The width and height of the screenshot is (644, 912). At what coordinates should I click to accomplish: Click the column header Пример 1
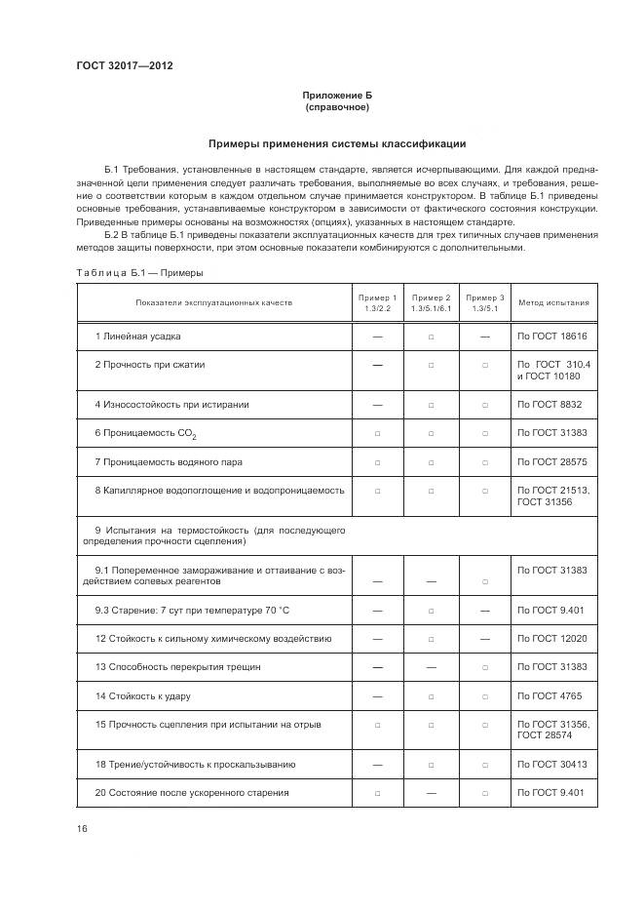point(378,302)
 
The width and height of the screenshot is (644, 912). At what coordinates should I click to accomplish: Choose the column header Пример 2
point(431,302)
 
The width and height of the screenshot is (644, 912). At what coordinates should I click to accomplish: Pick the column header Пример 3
point(484,302)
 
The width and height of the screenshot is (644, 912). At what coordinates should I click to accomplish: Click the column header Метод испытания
point(553,302)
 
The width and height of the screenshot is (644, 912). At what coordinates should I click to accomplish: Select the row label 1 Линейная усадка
point(137,337)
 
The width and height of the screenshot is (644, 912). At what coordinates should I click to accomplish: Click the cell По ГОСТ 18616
point(551,337)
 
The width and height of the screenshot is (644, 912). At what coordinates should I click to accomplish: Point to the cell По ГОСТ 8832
point(549,404)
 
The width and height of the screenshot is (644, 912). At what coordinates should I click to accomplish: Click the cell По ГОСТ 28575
point(551,461)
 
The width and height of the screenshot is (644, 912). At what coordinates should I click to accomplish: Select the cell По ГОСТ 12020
point(551,639)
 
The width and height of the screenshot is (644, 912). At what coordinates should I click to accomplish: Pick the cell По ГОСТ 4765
point(549,696)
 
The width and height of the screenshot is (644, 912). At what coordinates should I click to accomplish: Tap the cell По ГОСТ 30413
point(551,764)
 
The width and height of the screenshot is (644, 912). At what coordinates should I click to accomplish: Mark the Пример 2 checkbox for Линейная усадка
point(431,337)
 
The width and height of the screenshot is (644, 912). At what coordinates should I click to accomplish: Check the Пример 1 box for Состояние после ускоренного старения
point(378,793)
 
